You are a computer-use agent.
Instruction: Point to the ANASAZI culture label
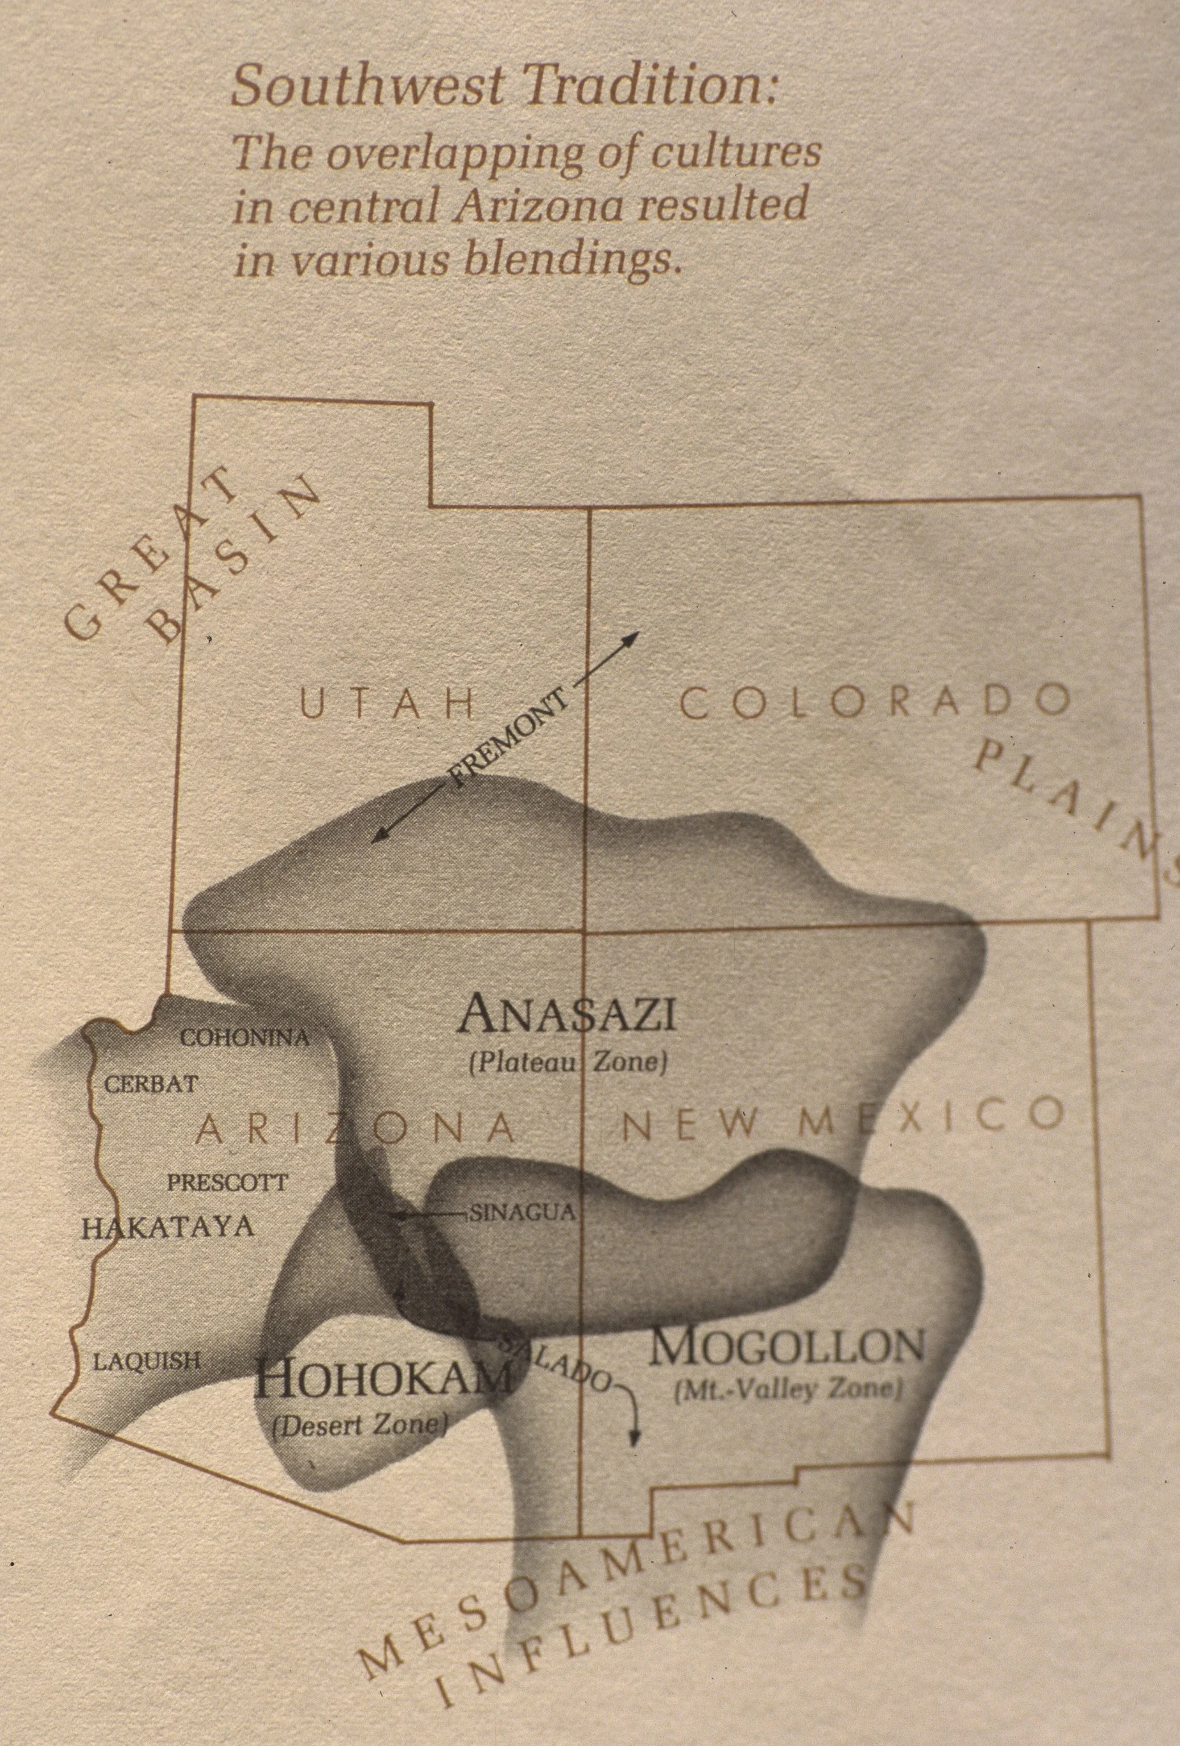pyautogui.click(x=568, y=1015)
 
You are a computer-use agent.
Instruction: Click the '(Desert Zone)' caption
pyautogui.click(x=361, y=1425)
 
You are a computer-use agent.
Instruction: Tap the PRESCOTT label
pyautogui.click(x=226, y=1183)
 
